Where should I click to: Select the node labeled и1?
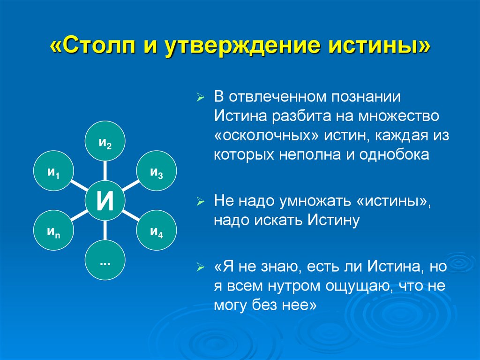tap(53, 171)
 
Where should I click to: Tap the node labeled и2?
tap(105, 141)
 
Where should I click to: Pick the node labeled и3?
tap(157, 171)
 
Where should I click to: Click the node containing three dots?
tap(105, 260)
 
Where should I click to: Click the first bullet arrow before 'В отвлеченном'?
tap(200, 99)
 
